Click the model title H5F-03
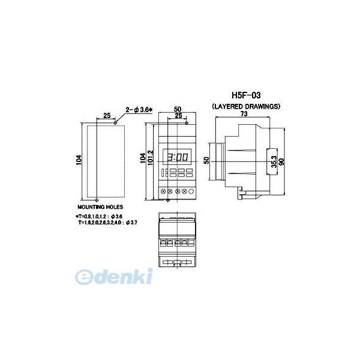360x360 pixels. [248, 95]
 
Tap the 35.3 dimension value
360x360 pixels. [273, 161]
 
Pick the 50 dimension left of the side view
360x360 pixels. [206, 161]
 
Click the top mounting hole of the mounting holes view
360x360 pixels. [115, 123]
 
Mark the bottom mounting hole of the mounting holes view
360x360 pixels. [97, 199]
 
